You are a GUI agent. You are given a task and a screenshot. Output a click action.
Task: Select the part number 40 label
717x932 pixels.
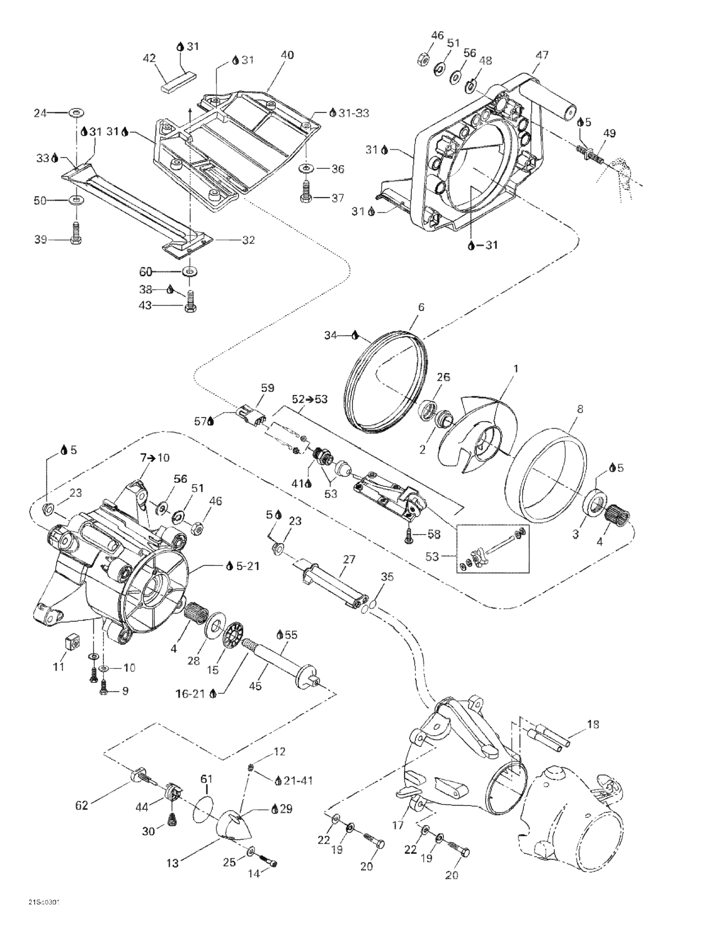click(x=287, y=55)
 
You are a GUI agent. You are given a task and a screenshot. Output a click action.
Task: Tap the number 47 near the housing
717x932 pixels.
click(x=542, y=55)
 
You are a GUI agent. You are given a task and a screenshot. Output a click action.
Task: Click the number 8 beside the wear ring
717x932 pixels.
click(x=580, y=409)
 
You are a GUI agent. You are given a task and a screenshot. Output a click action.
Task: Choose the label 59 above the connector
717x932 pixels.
click(x=268, y=388)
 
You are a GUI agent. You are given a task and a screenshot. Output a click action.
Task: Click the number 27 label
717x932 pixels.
click(x=349, y=559)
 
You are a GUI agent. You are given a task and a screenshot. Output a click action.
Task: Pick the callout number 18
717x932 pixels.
click(x=593, y=724)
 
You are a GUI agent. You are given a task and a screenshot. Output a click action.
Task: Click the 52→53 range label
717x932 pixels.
click(x=310, y=399)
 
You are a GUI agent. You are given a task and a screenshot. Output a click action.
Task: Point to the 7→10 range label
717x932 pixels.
click(x=154, y=458)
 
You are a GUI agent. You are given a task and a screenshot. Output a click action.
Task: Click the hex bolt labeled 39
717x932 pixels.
click(x=75, y=232)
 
